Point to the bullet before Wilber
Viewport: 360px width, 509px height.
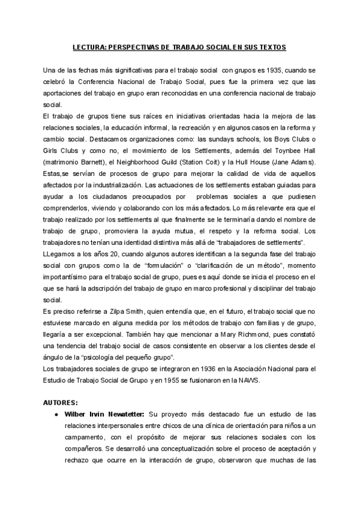(56, 414)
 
